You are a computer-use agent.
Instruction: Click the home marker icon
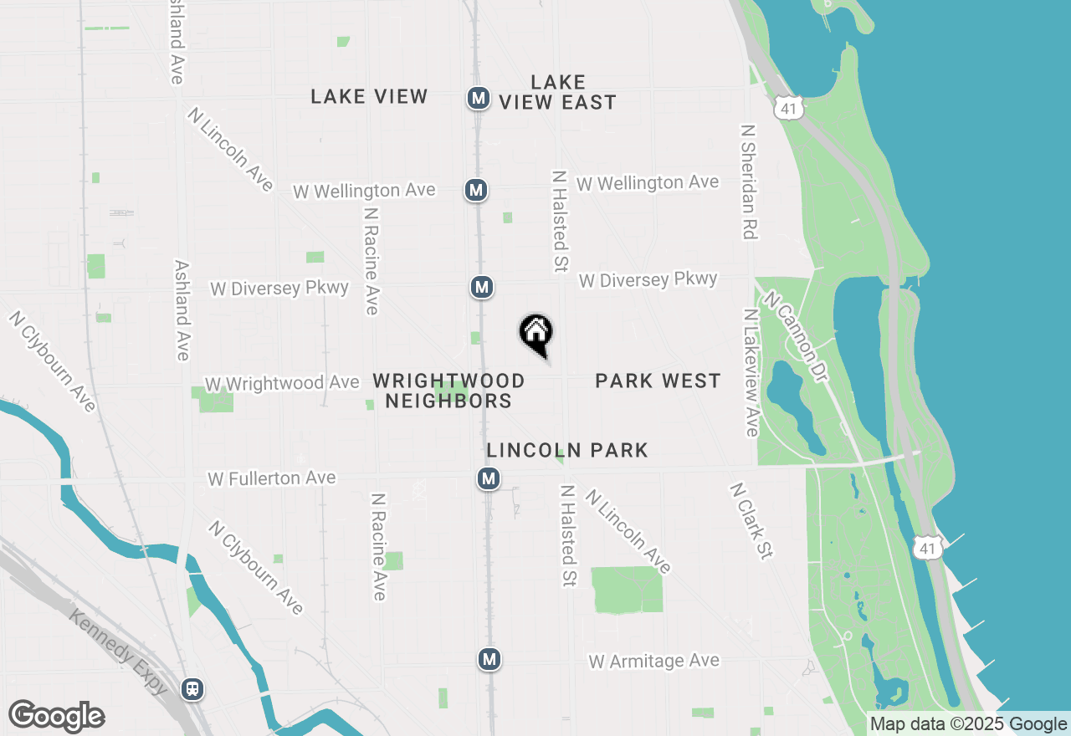[536, 333]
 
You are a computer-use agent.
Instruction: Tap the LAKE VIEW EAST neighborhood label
[558, 92]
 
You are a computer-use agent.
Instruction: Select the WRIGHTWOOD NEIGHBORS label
[449, 391]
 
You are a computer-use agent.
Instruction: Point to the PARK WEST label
[658, 381]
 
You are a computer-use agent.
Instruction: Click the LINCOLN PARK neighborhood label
[567, 451]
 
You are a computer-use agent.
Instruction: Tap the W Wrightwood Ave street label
[282, 383]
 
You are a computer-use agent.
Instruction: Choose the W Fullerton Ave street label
[272, 478]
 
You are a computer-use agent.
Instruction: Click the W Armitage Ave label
[653, 661]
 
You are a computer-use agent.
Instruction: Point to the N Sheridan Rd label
[749, 182]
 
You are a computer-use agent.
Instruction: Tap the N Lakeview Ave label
[751, 372]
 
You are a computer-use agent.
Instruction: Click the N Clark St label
[751, 520]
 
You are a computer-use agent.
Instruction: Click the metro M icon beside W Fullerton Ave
[489, 479]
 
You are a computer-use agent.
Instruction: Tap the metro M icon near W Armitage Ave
[489, 659]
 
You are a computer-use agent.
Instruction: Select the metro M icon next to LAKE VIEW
[478, 98]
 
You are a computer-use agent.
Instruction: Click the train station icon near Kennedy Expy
[192, 689]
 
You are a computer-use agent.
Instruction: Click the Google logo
[57, 717]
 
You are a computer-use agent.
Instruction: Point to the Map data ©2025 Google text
[967, 724]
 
